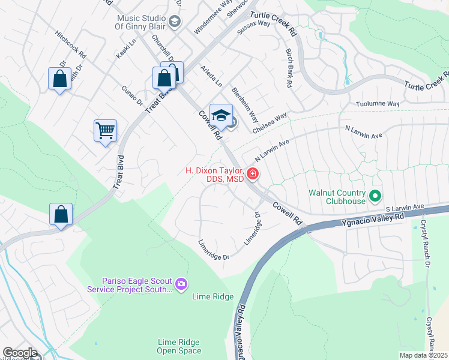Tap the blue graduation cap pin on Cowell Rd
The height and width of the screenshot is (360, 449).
[x=221, y=116]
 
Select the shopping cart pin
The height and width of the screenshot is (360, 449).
[x=106, y=131]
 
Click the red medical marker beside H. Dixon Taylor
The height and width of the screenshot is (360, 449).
[x=253, y=175]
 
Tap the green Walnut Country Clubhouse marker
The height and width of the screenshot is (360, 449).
[x=376, y=196]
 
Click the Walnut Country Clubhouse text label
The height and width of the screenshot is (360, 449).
[x=337, y=197]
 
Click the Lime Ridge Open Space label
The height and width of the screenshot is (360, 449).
[x=179, y=346]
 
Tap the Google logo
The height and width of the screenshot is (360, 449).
[x=19, y=353]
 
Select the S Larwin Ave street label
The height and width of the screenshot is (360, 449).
[x=405, y=207]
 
